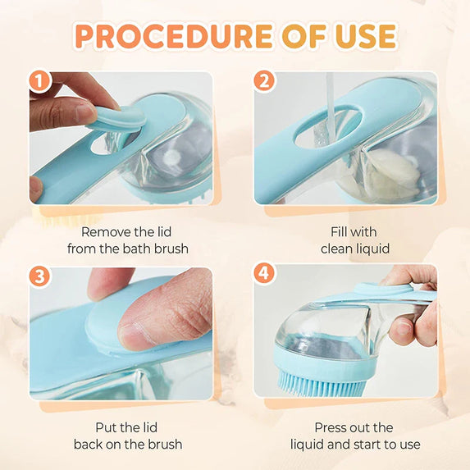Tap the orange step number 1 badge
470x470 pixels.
pos(39,82)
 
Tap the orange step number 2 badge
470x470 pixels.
pos(263,82)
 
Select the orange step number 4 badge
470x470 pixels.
pos(263,272)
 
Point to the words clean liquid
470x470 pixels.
pos(354,248)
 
